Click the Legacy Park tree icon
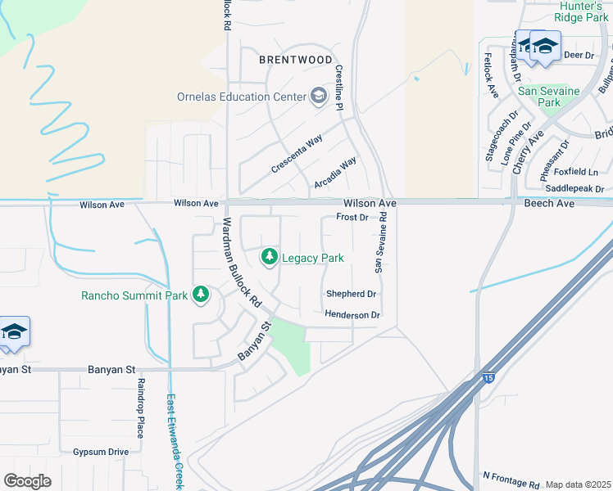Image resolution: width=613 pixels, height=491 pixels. pyautogui.click(x=269, y=258)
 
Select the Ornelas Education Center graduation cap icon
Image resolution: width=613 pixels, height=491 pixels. pyautogui.click(x=317, y=97)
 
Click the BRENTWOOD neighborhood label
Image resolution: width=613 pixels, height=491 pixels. pyautogui.click(x=296, y=60)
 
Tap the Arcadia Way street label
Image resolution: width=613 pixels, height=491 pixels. pyautogui.click(x=336, y=173)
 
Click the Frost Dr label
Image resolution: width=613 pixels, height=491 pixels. pyautogui.click(x=352, y=218)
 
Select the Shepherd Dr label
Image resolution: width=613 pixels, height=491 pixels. pyautogui.click(x=351, y=294)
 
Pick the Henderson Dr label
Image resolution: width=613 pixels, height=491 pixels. pyautogui.click(x=352, y=315)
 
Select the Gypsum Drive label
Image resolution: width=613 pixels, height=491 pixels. pyautogui.click(x=101, y=452)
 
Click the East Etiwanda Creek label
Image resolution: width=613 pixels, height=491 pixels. pyautogui.click(x=175, y=442)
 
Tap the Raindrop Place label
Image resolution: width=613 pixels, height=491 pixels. pyautogui.click(x=140, y=408)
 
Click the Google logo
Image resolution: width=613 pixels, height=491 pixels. pyautogui.click(x=27, y=481)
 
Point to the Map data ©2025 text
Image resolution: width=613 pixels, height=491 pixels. pyautogui.click(x=578, y=484)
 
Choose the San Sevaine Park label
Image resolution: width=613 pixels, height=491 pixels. pyautogui.click(x=549, y=97)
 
